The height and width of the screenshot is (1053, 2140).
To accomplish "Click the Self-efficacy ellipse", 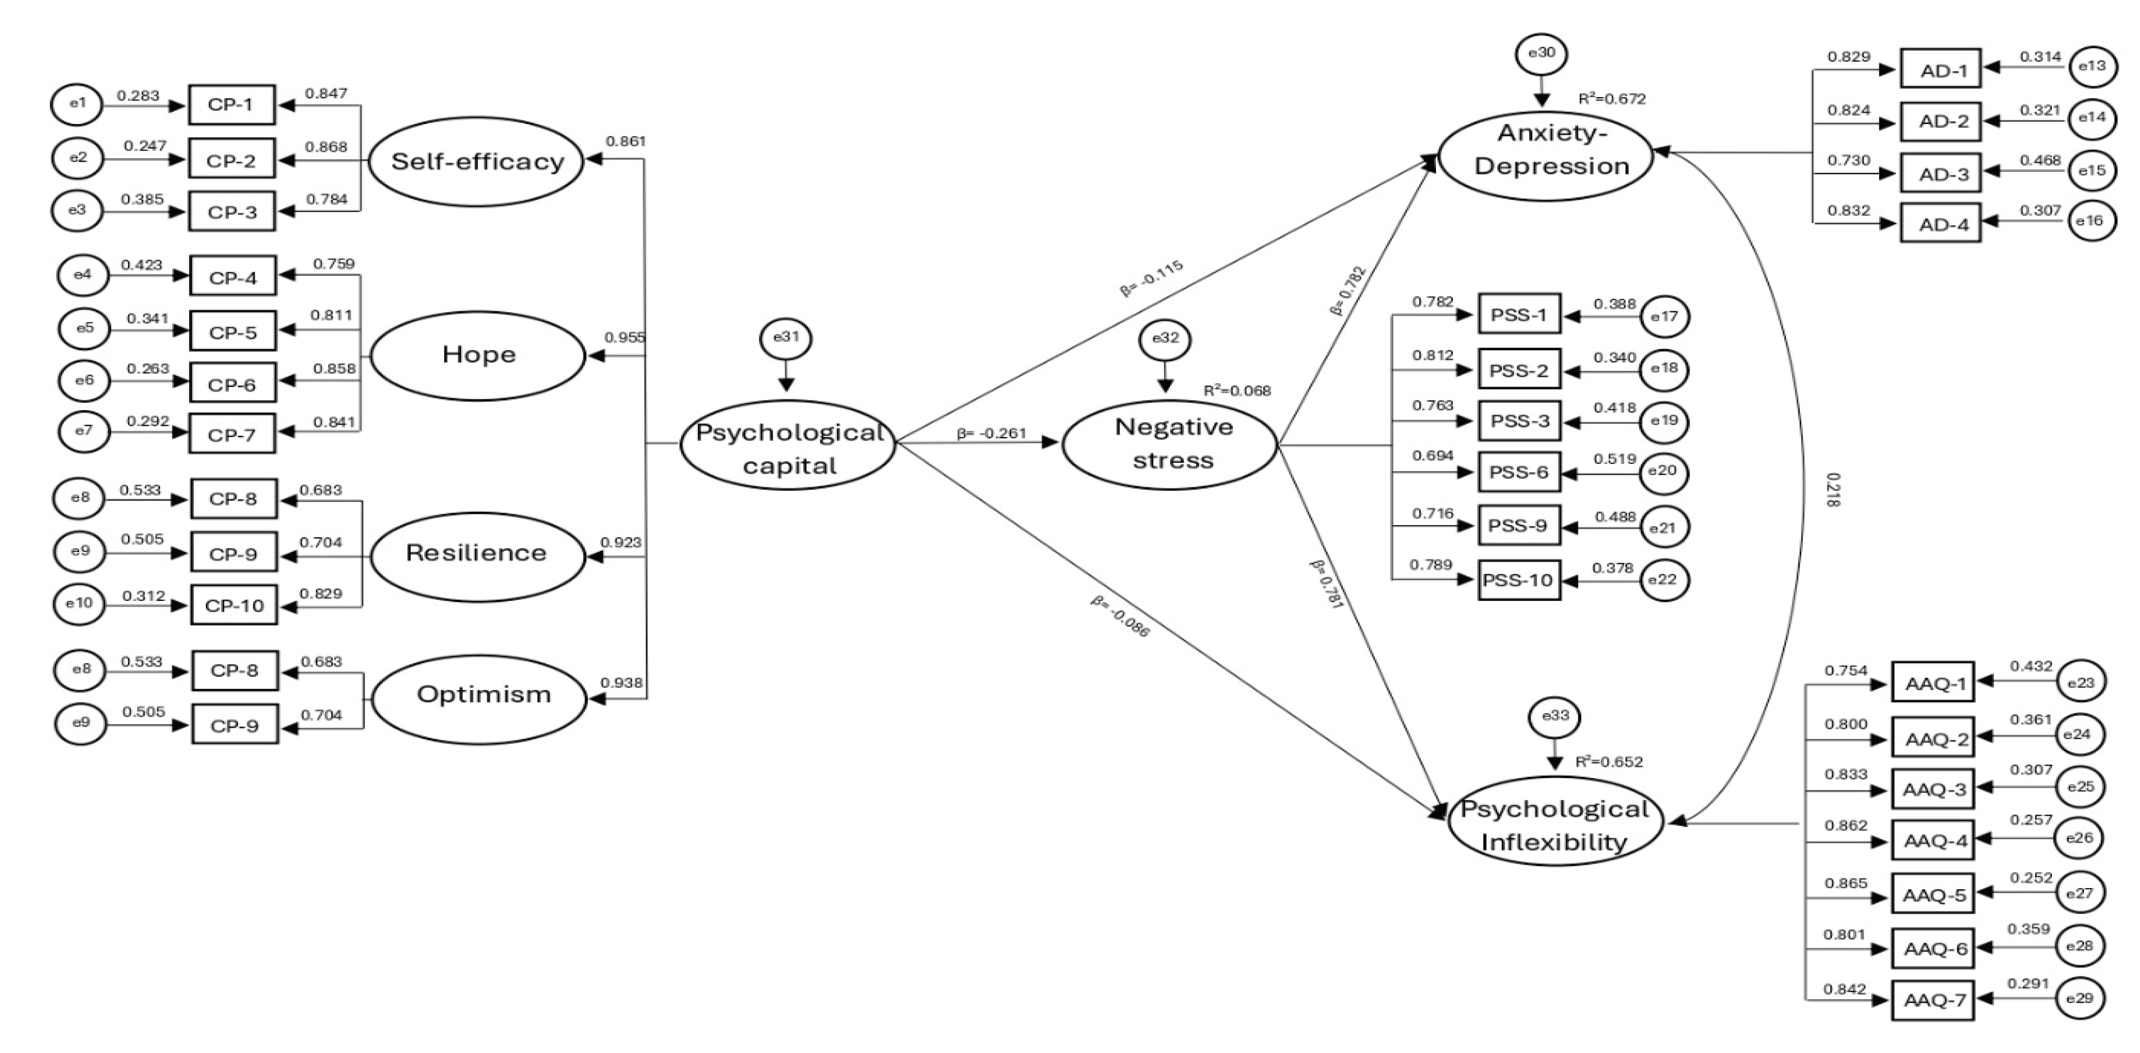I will [x=477, y=161].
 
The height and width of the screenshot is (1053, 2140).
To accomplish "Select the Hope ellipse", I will [x=478, y=355].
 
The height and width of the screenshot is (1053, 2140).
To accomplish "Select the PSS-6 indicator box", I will [x=1518, y=472].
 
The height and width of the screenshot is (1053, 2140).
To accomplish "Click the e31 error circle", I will [x=786, y=337].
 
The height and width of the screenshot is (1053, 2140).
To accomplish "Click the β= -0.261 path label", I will [x=991, y=433].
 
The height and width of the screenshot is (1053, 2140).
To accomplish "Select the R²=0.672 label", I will [x=1611, y=99].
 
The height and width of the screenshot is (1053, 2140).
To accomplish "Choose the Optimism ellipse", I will [x=482, y=695].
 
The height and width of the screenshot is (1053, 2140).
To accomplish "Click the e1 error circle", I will [x=77, y=104].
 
